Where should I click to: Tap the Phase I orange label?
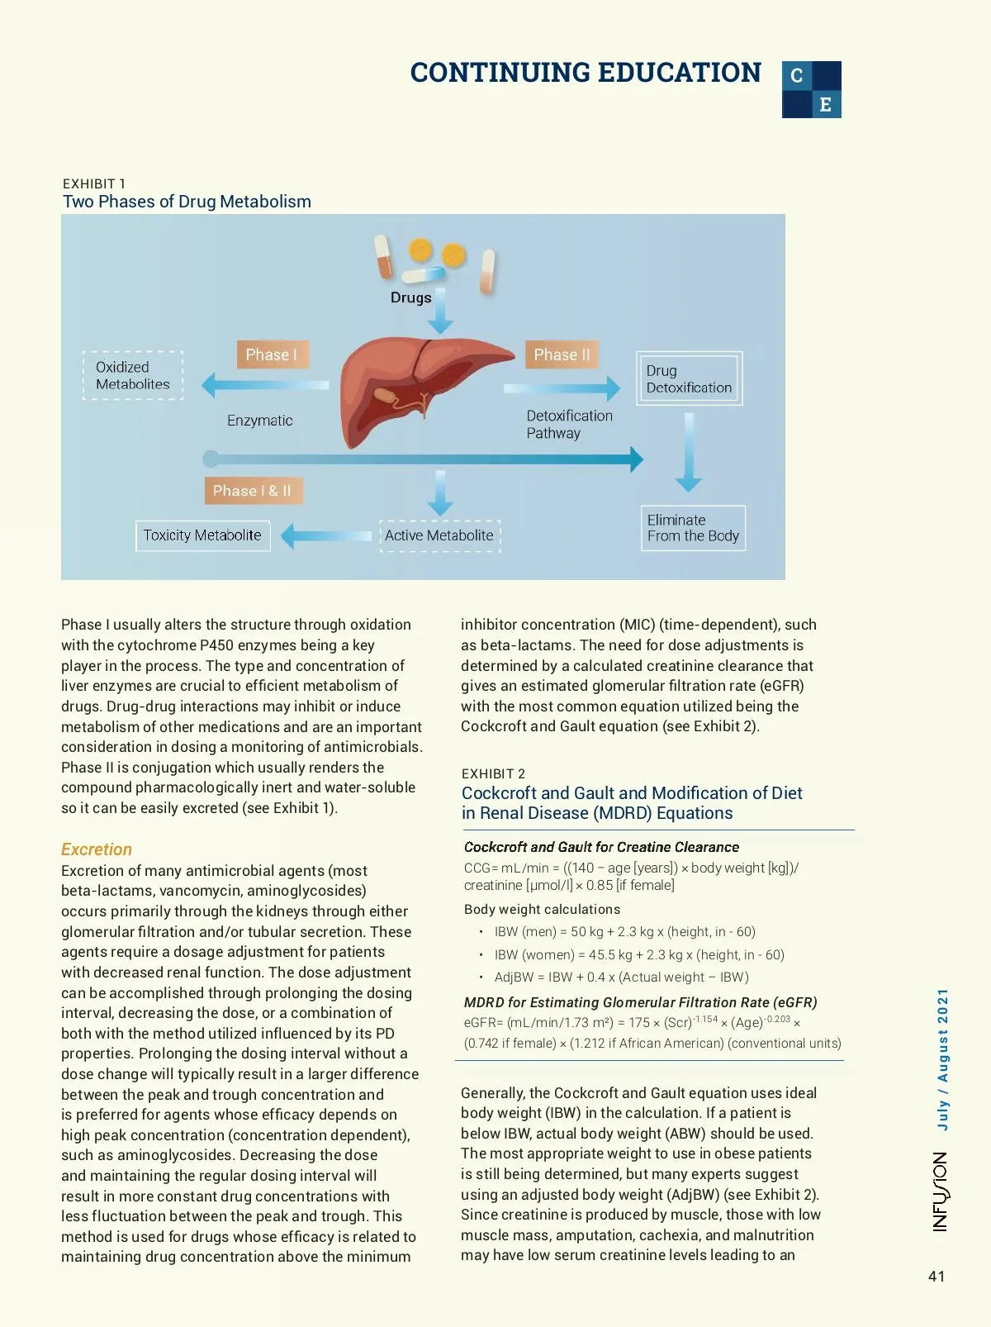click(272, 354)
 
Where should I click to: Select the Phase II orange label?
click(562, 354)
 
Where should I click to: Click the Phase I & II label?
click(253, 491)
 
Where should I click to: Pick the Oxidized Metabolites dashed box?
click(133, 376)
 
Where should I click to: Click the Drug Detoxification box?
click(689, 379)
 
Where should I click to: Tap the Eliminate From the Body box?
click(693, 528)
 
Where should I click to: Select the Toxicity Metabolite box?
click(202, 535)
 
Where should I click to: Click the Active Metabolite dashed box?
click(439, 535)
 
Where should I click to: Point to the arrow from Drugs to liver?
click(440, 312)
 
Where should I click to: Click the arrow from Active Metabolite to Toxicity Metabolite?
click(326, 536)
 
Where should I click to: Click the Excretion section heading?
click(97, 849)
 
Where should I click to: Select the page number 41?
click(936, 1277)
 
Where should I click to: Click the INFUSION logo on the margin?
click(941, 1191)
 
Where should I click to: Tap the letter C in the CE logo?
click(797, 76)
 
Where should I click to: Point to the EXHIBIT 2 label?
click(493, 773)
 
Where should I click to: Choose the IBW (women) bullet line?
click(638, 954)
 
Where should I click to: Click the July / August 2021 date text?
click(942, 1059)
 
